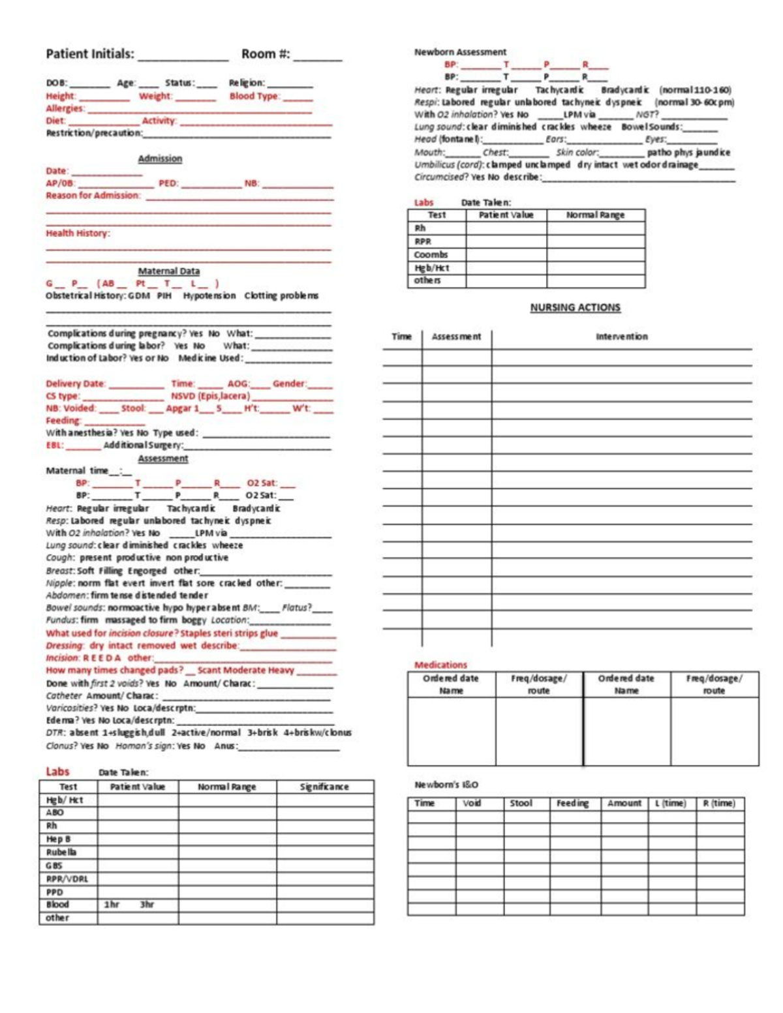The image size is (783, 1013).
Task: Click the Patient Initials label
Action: (90, 54)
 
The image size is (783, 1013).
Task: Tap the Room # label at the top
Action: (266, 54)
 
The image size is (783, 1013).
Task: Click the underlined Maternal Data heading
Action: (169, 271)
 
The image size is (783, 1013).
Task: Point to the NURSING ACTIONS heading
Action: (575, 307)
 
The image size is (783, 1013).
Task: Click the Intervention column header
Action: (621, 337)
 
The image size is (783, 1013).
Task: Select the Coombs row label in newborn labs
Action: (431, 255)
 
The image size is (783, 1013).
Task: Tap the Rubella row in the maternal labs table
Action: (61, 853)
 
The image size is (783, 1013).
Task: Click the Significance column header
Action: (324, 787)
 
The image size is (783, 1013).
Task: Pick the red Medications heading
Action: (441, 665)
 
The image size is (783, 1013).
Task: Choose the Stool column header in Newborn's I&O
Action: (521, 803)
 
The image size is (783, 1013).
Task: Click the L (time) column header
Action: (671, 803)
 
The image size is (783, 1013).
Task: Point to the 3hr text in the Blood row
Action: (147, 905)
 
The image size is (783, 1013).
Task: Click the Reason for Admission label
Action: (93, 195)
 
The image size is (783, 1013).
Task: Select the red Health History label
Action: (78, 233)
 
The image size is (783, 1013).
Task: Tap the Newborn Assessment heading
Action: (460, 52)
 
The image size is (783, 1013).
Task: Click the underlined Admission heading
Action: (160, 159)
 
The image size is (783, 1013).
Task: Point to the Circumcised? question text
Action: (441, 177)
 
